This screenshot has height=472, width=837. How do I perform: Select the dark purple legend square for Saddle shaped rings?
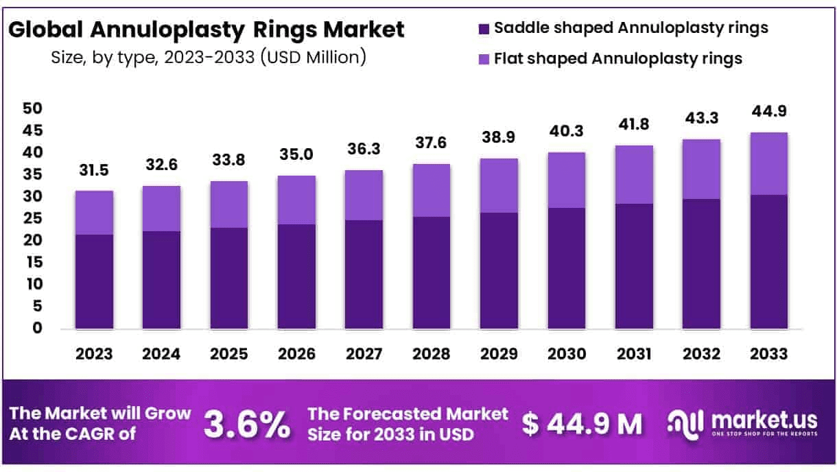[484, 28]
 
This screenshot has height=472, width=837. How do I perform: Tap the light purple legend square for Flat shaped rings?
[484, 59]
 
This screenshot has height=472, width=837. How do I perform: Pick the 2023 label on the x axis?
[94, 354]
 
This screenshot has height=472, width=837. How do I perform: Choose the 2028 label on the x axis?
[432, 354]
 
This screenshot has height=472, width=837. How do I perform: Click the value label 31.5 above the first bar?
[94, 170]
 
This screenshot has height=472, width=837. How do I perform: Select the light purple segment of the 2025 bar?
[229, 204]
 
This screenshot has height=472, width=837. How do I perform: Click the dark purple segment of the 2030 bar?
[567, 268]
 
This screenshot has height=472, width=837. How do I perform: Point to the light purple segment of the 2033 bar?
[768, 163]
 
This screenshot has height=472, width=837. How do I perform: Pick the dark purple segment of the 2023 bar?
[94, 281]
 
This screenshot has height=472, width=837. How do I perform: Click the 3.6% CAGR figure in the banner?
[247, 425]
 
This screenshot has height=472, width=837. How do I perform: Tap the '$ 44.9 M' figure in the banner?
[582, 425]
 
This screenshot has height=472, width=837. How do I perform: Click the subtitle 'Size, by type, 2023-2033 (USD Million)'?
[209, 58]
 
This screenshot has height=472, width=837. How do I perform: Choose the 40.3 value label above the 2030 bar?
[567, 132]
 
